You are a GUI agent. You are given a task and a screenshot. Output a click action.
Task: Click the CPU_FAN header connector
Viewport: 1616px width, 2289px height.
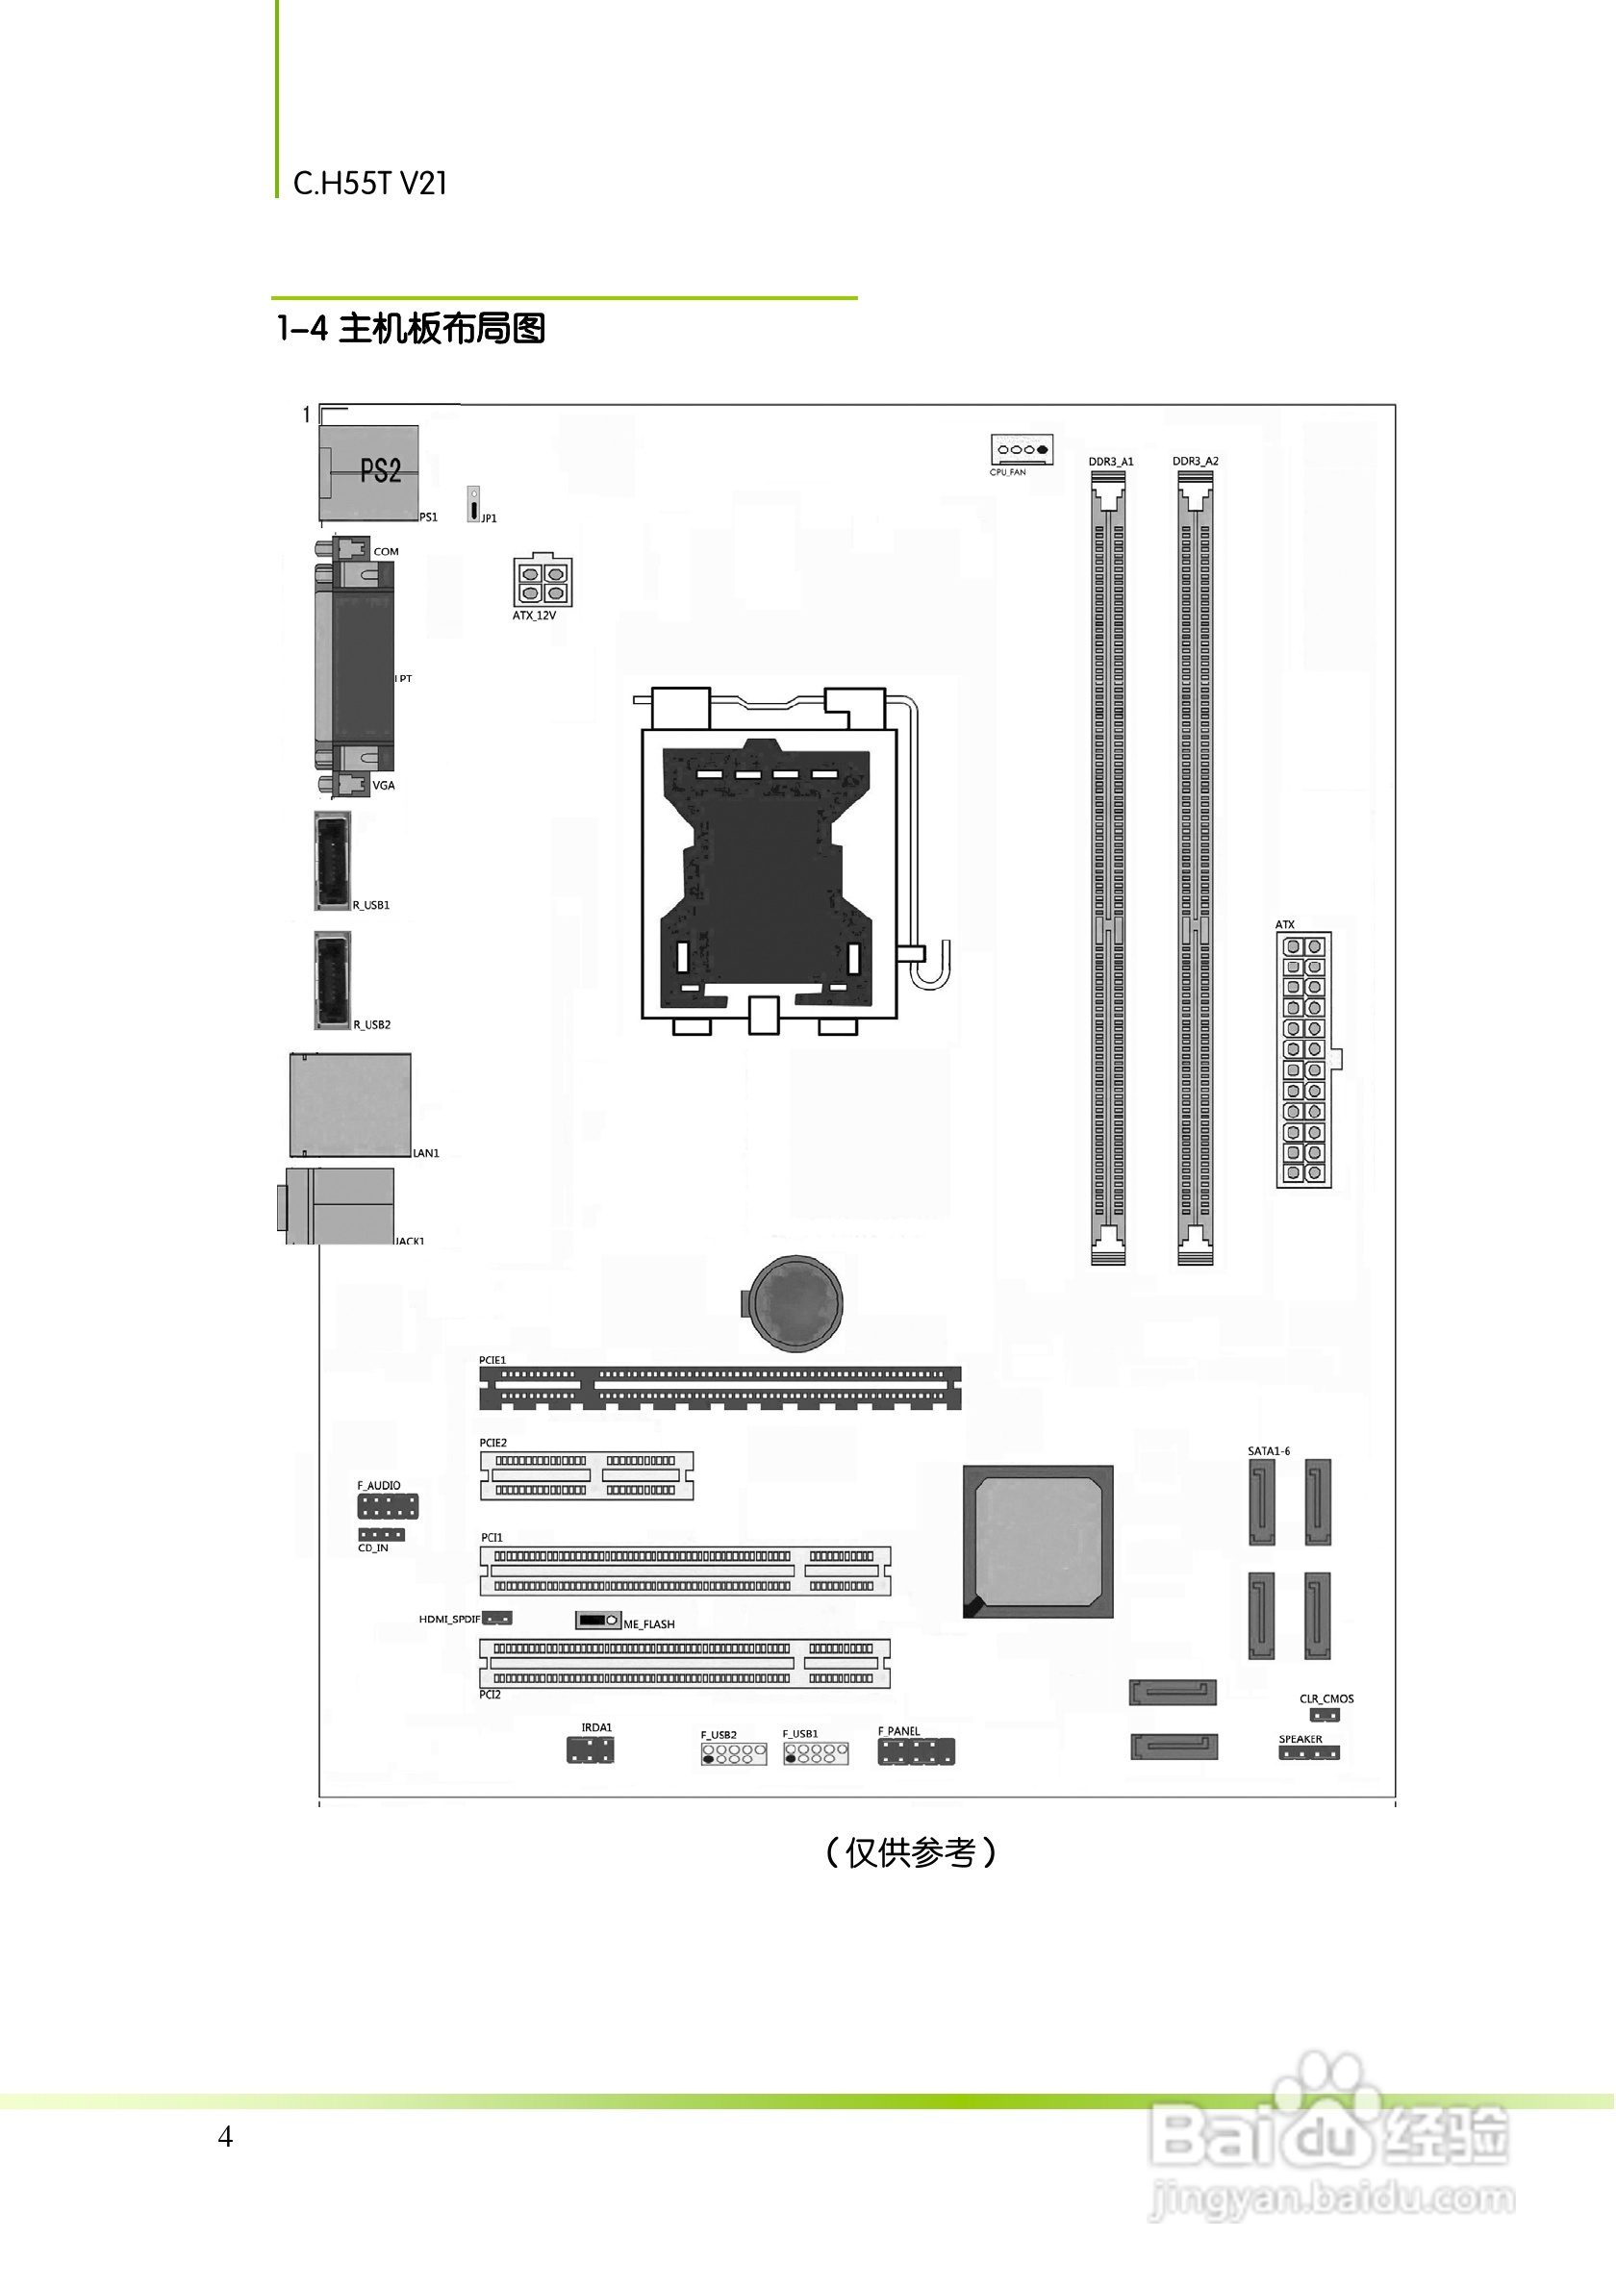pyautogui.click(x=1022, y=450)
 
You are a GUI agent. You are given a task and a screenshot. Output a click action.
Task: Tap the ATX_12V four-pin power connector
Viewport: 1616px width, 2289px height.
pyautogui.click(x=543, y=581)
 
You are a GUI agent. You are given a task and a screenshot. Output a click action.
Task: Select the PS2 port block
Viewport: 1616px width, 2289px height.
pyautogui.click(x=368, y=472)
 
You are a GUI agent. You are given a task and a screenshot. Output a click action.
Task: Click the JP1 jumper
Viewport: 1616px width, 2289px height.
pyautogui.click(x=473, y=505)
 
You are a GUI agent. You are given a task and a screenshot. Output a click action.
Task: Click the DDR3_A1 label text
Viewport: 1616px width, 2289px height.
pyautogui.click(x=1111, y=462)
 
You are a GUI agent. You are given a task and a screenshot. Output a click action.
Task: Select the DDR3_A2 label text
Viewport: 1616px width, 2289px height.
pyautogui.click(x=1196, y=462)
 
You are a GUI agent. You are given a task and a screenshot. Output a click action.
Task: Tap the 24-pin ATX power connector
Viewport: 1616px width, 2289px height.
pyautogui.click(x=1304, y=1059)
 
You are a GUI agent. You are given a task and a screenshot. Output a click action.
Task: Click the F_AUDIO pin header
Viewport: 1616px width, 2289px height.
pyautogui.click(x=388, y=1506)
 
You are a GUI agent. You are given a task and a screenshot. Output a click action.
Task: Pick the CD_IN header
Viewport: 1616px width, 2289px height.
pyautogui.click(x=382, y=1534)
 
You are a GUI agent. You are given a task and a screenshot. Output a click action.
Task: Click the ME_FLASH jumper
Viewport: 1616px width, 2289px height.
pyautogui.click(x=598, y=1620)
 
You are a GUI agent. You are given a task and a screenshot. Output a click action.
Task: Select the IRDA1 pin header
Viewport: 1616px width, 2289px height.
pyautogui.click(x=591, y=1749)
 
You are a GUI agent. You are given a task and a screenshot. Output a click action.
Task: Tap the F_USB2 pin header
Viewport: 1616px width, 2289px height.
pyautogui.click(x=734, y=1753)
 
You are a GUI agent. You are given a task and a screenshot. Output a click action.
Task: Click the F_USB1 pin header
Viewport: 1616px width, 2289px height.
pyautogui.click(x=816, y=1752)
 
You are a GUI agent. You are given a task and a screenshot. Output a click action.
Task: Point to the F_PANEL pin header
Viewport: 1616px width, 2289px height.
pyautogui.click(x=916, y=1751)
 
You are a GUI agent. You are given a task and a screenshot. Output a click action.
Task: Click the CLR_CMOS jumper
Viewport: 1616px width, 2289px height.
pyautogui.click(x=1325, y=1716)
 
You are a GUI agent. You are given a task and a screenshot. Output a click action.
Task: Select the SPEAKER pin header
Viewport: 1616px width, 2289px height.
pyautogui.click(x=1309, y=1752)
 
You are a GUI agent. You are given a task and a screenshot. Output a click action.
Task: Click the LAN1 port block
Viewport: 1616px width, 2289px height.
pyautogui.click(x=350, y=1105)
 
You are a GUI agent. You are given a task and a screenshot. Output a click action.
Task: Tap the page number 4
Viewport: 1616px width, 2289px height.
pyautogui.click(x=225, y=2135)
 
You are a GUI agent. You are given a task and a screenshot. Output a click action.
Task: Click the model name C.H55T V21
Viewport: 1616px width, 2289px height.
pyautogui.click(x=370, y=184)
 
